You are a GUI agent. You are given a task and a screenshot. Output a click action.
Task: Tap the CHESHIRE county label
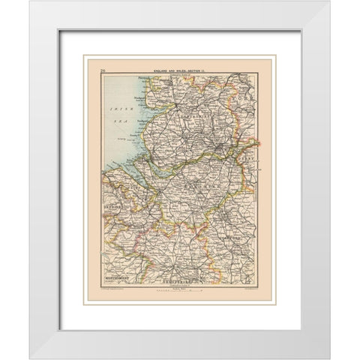(196, 181)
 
